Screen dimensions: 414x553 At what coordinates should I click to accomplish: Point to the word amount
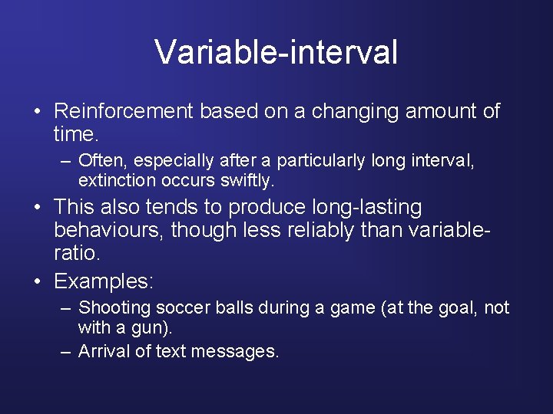click(441, 112)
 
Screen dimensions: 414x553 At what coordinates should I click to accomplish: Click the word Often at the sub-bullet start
click(96, 160)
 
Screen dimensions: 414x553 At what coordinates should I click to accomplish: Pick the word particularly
click(321, 160)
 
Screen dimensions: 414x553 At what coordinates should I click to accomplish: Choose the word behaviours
click(109, 230)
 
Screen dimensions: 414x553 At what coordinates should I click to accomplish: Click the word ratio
click(77, 252)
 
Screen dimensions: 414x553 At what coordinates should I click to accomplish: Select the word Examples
click(104, 281)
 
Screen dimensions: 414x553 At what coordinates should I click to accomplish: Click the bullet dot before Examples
click(38, 282)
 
